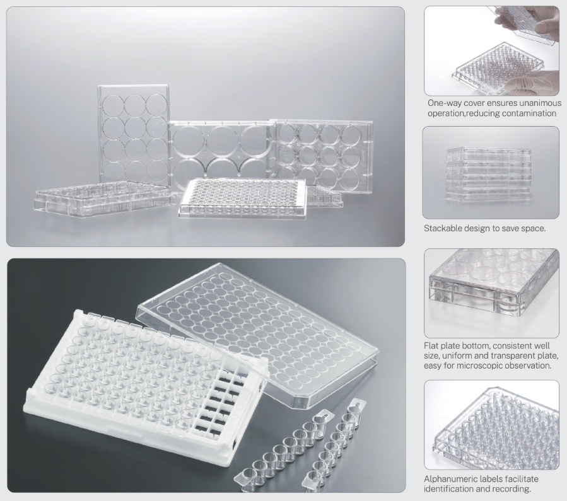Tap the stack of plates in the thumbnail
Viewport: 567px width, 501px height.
tap(489, 174)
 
